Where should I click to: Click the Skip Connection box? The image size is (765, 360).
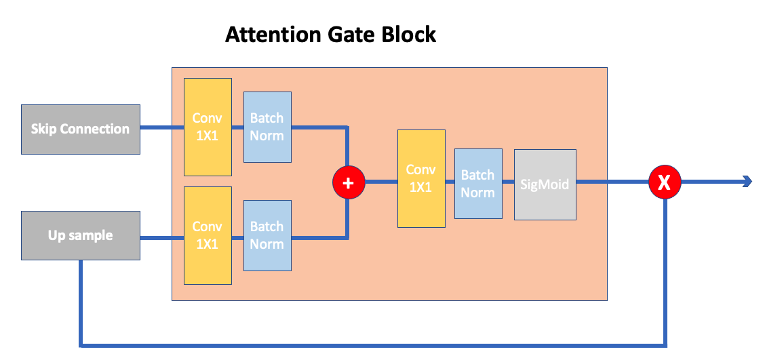(80, 129)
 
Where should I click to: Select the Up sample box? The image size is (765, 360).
(80, 235)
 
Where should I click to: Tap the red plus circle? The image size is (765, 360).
(349, 182)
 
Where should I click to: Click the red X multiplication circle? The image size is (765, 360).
(665, 182)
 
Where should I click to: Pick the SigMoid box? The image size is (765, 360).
(545, 184)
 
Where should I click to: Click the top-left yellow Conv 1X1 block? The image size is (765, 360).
(208, 127)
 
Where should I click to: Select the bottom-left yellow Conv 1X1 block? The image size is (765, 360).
(208, 235)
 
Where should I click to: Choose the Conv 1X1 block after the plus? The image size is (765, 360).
(421, 178)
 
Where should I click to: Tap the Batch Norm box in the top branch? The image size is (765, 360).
(267, 127)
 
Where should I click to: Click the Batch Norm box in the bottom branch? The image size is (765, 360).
(267, 235)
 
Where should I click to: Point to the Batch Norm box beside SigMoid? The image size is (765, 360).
(478, 184)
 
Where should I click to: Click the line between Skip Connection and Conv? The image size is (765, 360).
(161, 127)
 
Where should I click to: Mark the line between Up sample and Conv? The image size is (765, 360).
(161, 237)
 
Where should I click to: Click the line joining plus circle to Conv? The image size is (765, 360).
(381, 182)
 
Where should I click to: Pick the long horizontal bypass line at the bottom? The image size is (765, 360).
(373, 345)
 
